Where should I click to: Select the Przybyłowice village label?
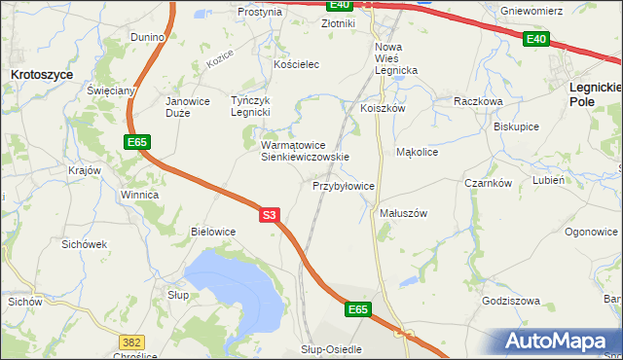pyautogui.click(x=344, y=186)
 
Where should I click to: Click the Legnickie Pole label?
pyautogui.click(x=594, y=93)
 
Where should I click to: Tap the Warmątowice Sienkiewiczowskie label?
pyautogui.click(x=304, y=151)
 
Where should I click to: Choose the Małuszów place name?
pyautogui.click(x=403, y=213)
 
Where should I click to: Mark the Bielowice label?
pyautogui.click(x=213, y=232)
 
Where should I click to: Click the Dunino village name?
pyautogui.click(x=149, y=37)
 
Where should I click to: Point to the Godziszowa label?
pyautogui.click(x=510, y=301)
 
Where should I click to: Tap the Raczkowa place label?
pyautogui.click(x=477, y=100)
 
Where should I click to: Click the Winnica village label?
pyautogui.click(x=139, y=195)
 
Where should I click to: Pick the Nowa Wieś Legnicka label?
pyautogui.click(x=396, y=58)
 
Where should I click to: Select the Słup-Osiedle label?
pyautogui.click(x=331, y=348)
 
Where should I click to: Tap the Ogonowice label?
pyautogui.click(x=591, y=232)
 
